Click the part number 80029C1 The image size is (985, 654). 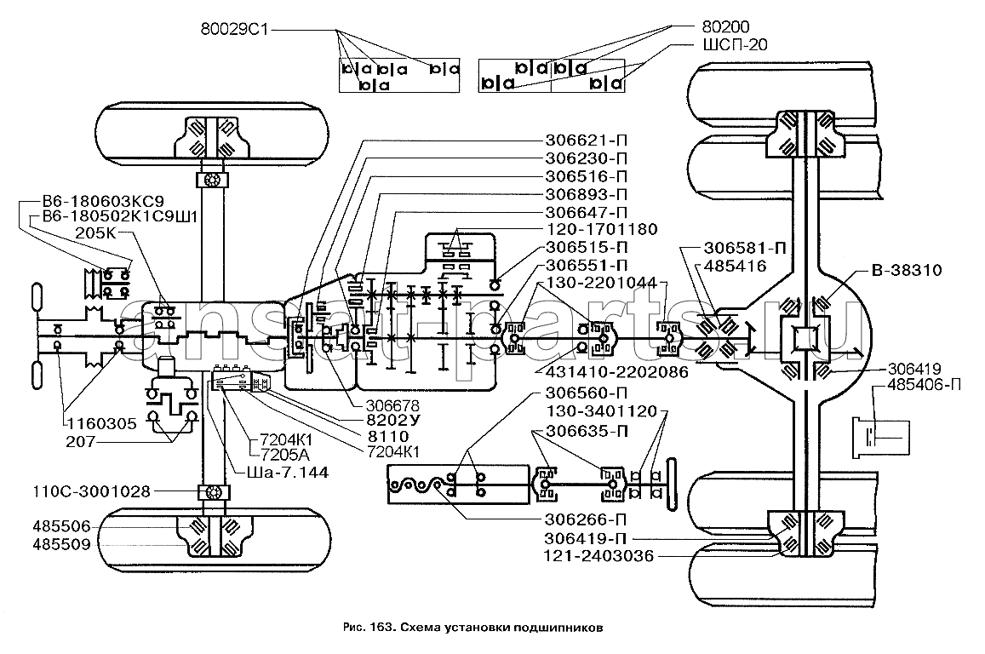[x=235, y=29]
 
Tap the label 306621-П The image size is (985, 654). [x=586, y=141]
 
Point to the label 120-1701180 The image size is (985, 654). [x=601, y=229]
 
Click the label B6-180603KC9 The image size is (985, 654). [x=103, y=202]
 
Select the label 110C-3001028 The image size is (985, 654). [x=92, y=491]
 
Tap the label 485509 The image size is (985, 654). [x=61, y=544]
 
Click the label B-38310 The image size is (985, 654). [x=907, y=271]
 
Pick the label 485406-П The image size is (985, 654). [x=924, y=385]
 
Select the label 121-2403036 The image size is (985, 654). [x=598, y=557]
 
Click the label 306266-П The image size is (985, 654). [x=586, y=520]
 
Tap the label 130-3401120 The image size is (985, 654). [x=600, y=412]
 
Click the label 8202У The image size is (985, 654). [x=394, y=420]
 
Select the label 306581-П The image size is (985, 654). [x=745, y=248]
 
